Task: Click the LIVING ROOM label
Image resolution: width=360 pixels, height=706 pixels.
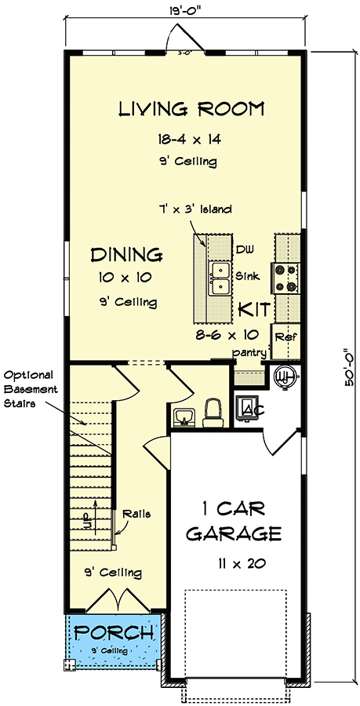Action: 191,109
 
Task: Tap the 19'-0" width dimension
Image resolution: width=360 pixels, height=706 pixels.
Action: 185,9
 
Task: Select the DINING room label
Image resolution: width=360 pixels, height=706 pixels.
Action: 126,255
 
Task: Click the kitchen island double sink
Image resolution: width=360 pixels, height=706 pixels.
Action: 220,279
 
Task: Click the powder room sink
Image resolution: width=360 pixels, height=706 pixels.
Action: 184,417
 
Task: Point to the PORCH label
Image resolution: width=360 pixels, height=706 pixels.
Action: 113,632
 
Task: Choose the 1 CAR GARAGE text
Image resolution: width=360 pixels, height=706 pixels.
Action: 234,522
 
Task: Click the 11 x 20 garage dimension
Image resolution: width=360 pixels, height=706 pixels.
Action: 240,562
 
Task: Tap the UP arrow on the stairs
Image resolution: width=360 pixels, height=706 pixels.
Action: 96,516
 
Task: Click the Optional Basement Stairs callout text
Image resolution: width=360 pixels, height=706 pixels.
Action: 30,389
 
